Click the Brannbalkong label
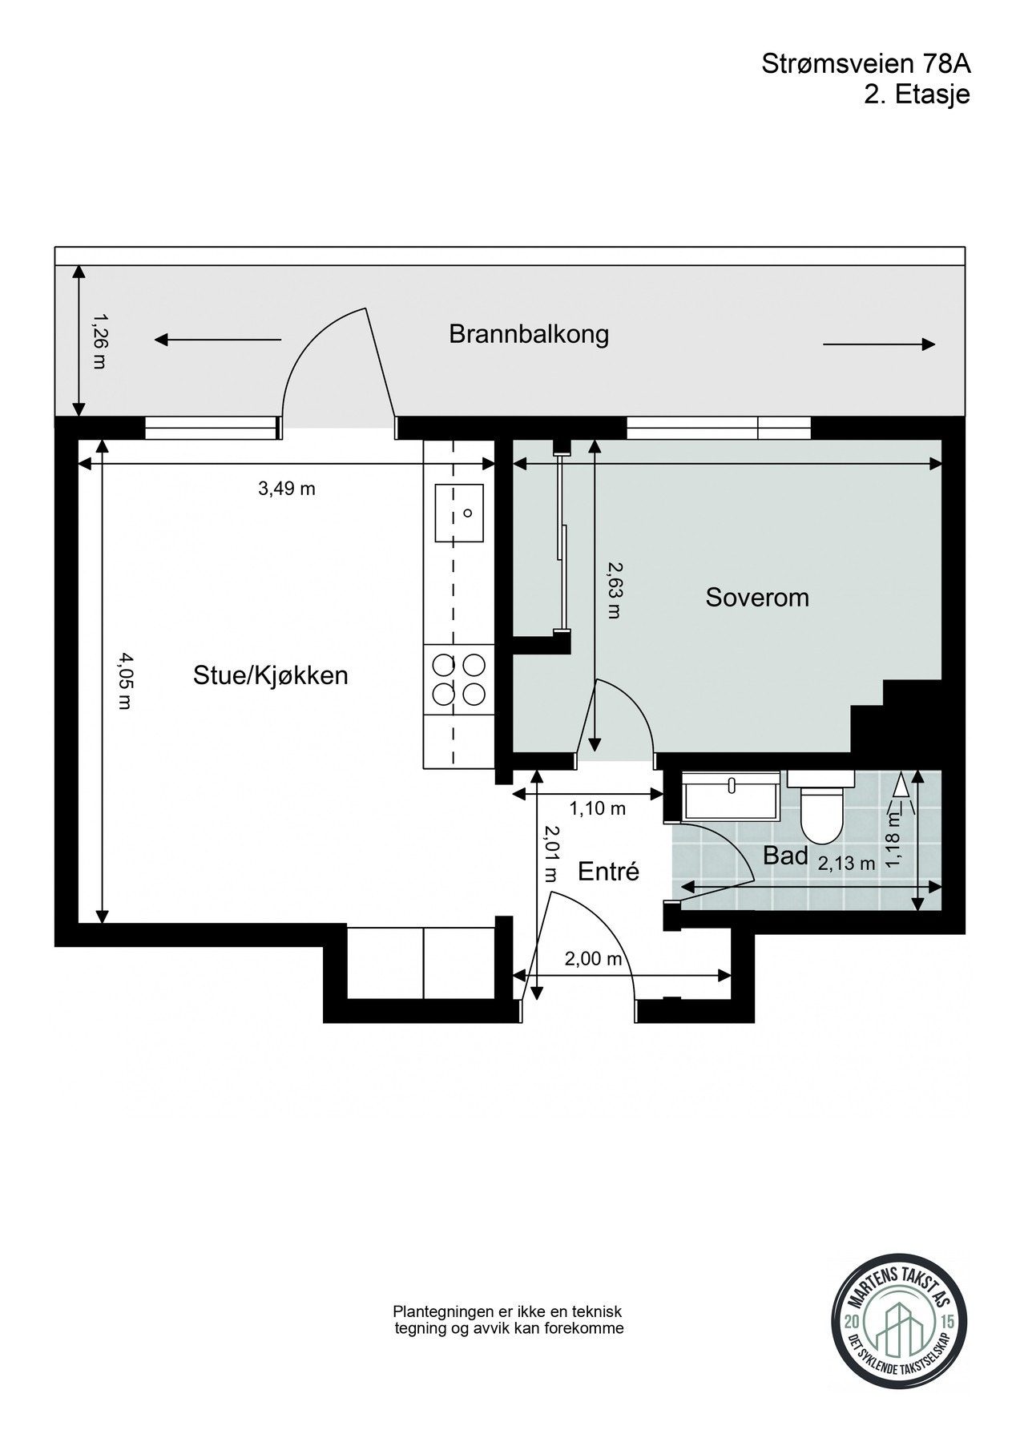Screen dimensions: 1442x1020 click(528, 334)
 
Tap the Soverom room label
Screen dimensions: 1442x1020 click(756, 598)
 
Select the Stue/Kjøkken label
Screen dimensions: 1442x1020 click(271, 675)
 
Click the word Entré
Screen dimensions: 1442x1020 click(609, 871)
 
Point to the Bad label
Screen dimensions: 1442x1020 click(785, 856)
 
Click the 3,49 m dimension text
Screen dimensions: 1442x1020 click(286, 489)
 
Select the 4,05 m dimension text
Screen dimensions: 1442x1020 click(125, 682)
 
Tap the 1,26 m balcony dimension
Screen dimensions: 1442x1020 click(99, 341)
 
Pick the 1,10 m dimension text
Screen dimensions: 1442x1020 click(597, 809)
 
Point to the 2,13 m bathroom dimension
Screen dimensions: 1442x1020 click(846, 864)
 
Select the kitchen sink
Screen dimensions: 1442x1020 click(459, 513)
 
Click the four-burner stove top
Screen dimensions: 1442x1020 click(459, 679)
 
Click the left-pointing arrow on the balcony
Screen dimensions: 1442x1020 click(217, 340)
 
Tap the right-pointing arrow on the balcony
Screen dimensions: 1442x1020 click(879, 344)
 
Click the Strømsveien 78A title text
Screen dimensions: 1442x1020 click(865, 65)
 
